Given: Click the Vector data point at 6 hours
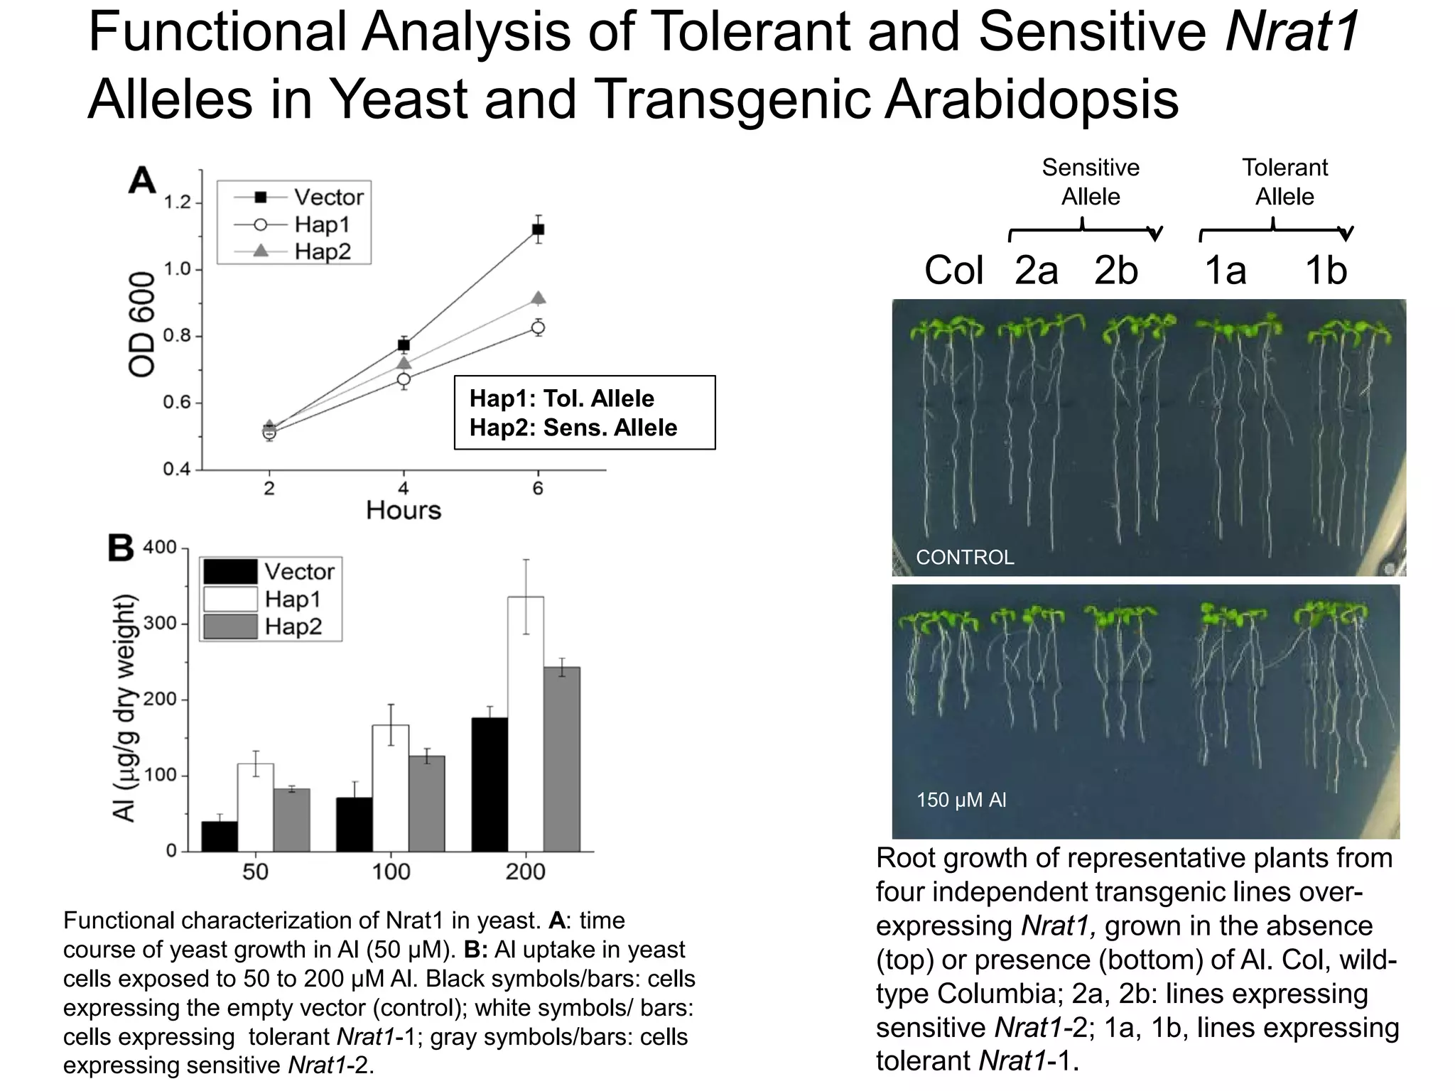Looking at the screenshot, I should pyautogui.click(x=538, y=229).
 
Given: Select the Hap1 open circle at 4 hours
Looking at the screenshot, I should pyautogui.click(x=404, y=379).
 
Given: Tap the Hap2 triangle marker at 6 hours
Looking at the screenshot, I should pyautogui.click(x=538, y=298).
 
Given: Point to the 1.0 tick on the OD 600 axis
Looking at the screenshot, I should pyautogui.click(x=178, y=270).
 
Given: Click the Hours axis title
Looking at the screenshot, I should pyautogui.click(x=403, y=510).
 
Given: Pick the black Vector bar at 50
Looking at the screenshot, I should pyautogui.click(x=220, y=836).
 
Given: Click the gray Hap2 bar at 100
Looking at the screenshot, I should pyautogui.click(x=426, y=803).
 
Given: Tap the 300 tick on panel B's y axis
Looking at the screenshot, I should pyautogui.click(x=160, y=624).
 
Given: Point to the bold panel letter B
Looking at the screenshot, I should pyautogui.click(x=120, y=548).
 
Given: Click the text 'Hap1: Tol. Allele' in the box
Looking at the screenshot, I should pyautogui.click(x=561, y=398).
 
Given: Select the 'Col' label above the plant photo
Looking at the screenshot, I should pyautogui.click(x=953, y=271).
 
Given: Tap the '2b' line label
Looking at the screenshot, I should pyautogui.click(x=1115, y=271).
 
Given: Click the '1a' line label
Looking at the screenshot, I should pyautogui.click(x=1225, y=271).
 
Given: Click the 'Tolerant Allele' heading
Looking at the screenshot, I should pyautogui.click(x=1284, y=182).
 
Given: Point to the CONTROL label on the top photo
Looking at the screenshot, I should pyautogui.click(x=965, y=557).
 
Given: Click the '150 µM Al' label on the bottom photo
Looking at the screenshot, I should pyautogui.click(x=961, y=800).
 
